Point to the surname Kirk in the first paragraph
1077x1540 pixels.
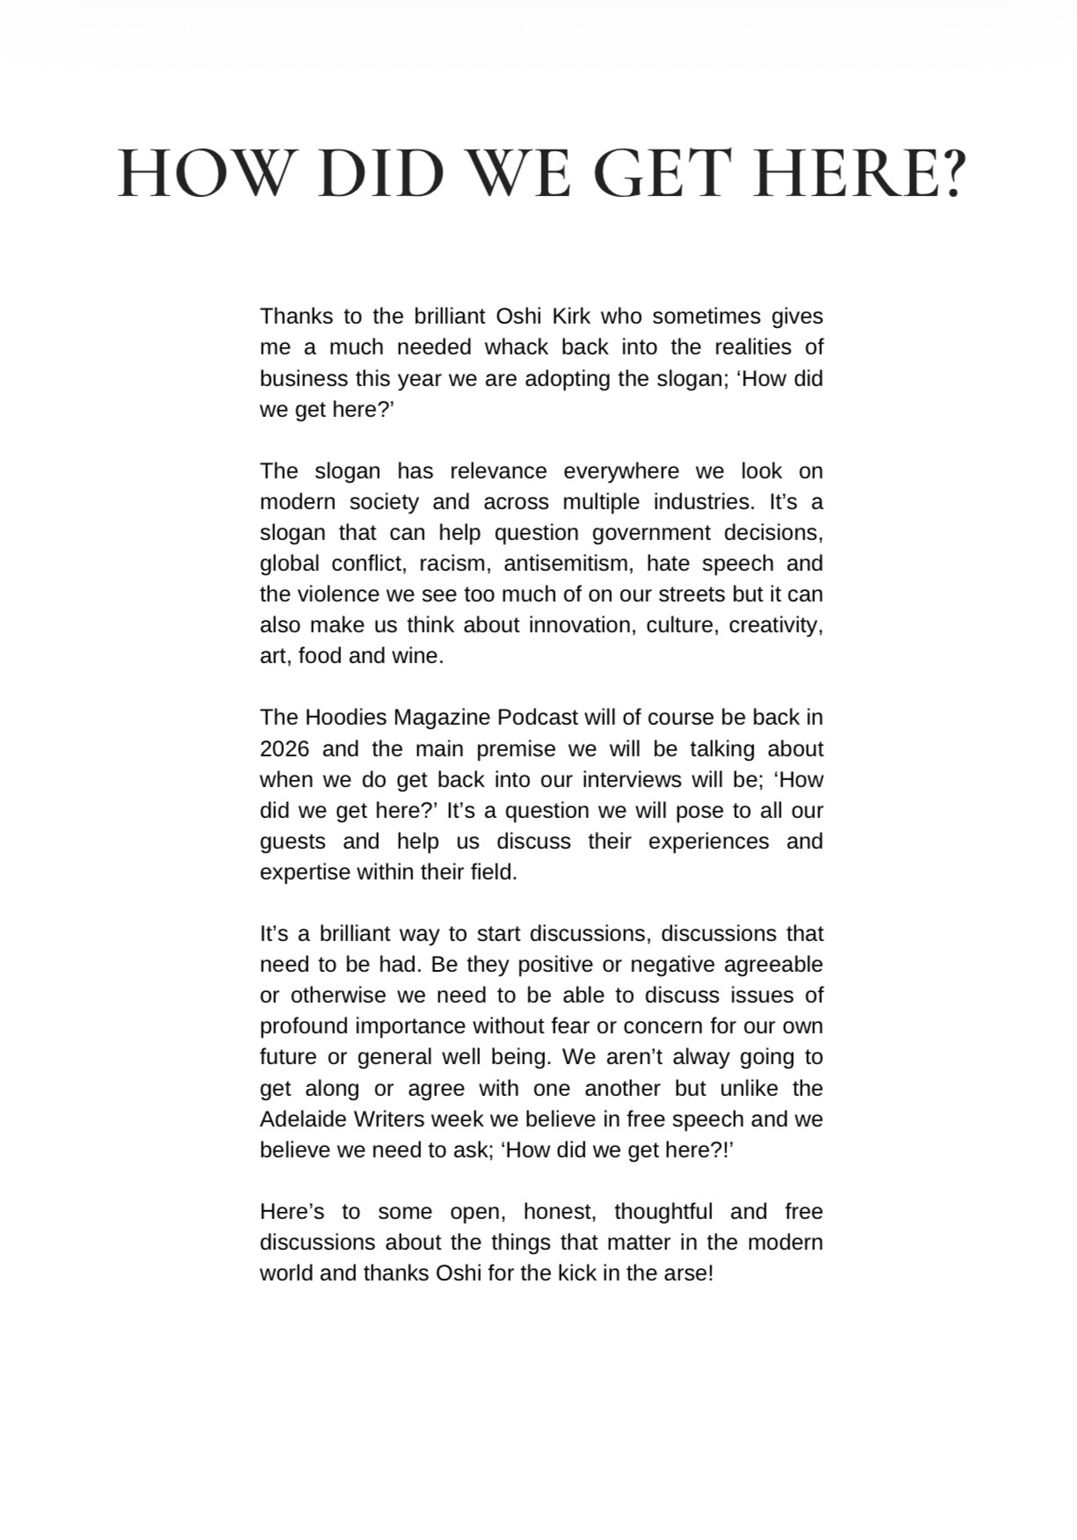[x=571, y=317]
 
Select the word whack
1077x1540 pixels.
[x=517, y=347]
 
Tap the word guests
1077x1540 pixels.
[x=292, y=842]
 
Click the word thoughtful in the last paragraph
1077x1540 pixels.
[x=663, y=1212]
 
